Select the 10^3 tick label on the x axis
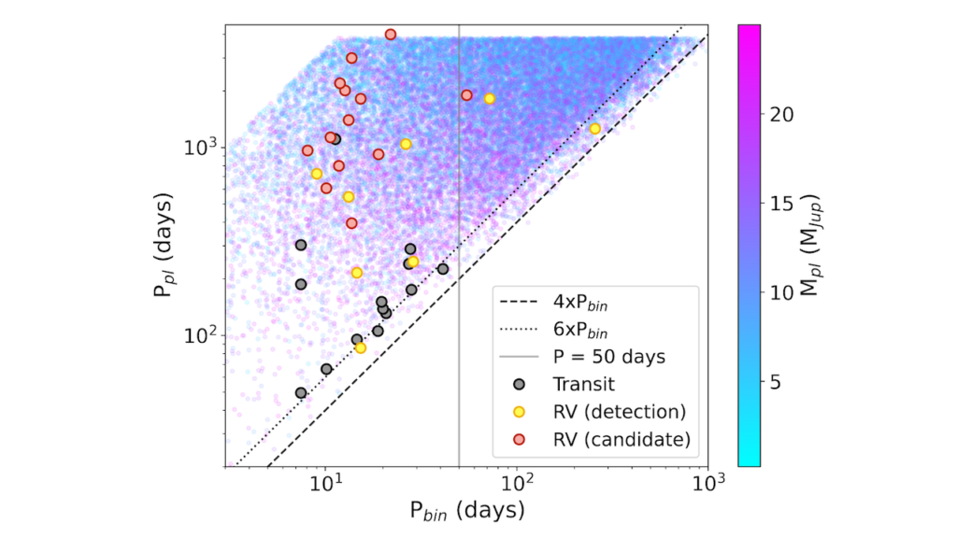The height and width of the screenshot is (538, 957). [707, 485]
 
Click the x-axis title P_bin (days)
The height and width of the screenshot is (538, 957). [464, 511]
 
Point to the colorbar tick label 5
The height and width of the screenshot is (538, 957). [774, 382]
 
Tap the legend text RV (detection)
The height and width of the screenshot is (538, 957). [620, 411]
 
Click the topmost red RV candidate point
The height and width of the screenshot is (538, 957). [391, 35]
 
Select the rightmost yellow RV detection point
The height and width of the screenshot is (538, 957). [594, 128]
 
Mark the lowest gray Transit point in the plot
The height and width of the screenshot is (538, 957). [301, 393]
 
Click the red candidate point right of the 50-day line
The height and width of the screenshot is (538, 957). [466, 95]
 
